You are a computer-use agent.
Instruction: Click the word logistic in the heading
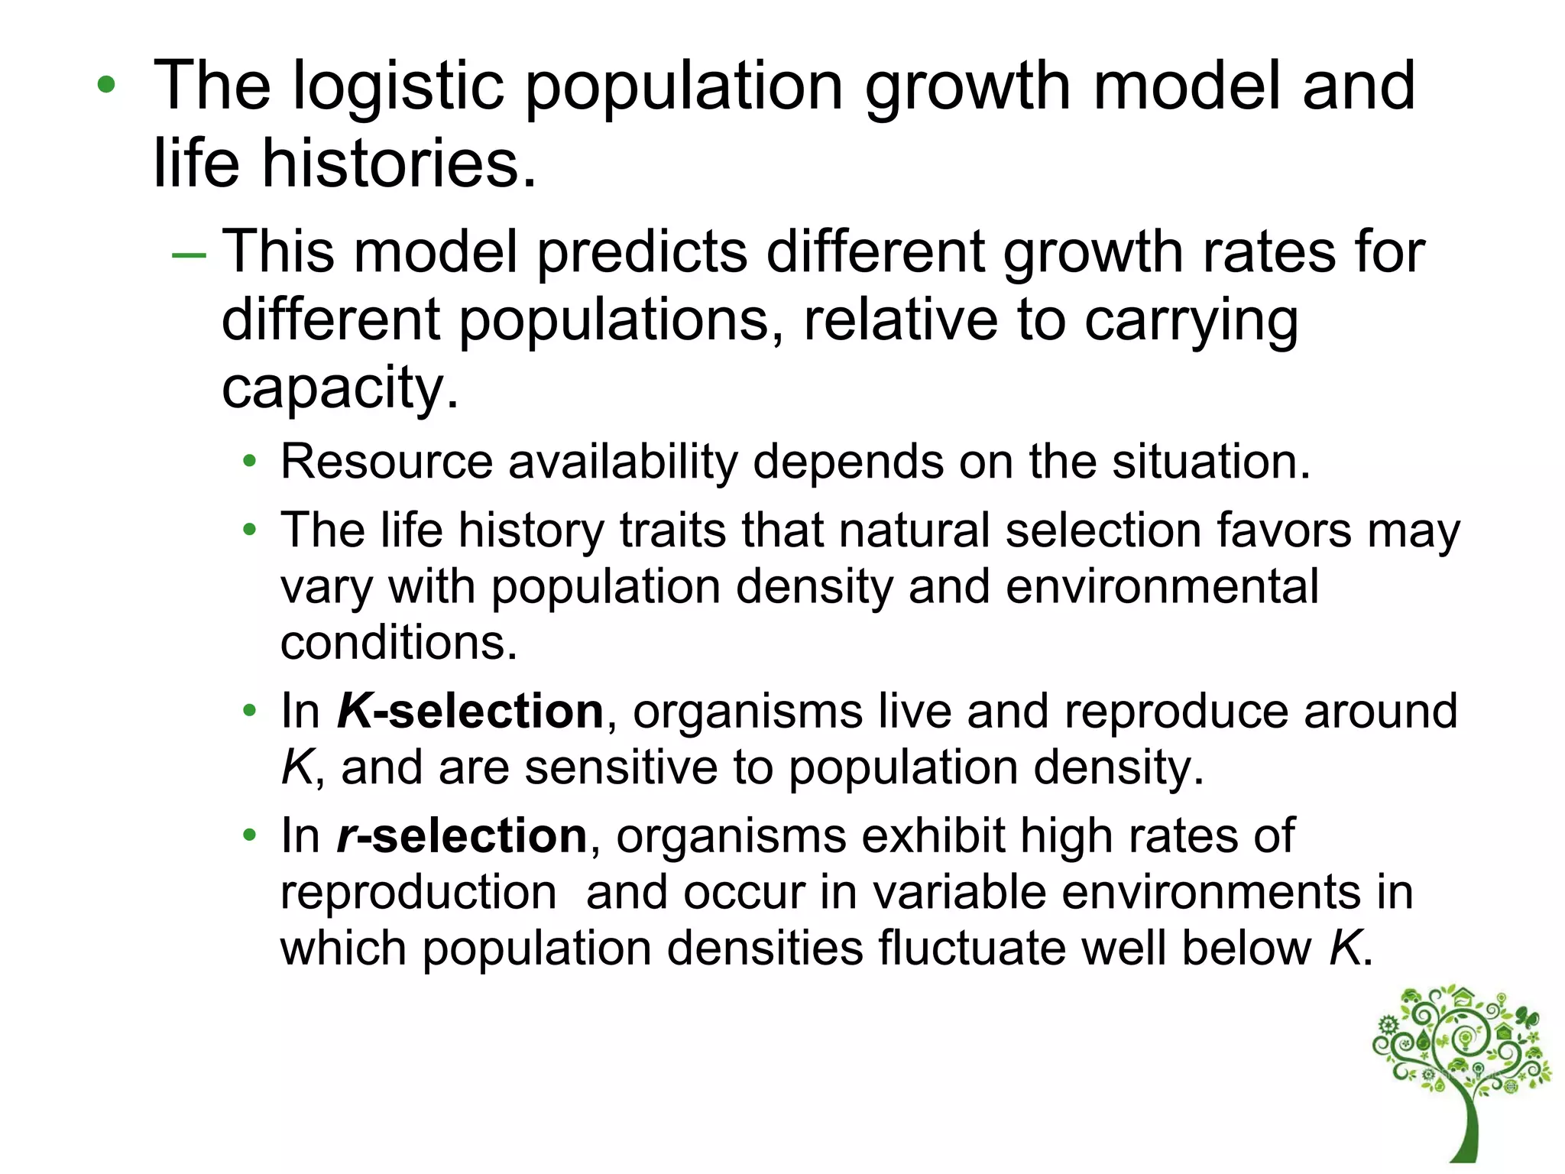tap(398, 86)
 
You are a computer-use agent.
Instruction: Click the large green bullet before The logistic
tap(106, 85)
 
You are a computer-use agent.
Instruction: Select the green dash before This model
tap(189, 254)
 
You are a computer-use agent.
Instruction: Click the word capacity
tap(339, 388)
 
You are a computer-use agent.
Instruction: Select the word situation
tap(1210, 462)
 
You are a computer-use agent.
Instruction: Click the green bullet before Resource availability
tap(249, 462)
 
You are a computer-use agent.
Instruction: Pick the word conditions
tap(398, 643)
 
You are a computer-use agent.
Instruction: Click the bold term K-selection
tap(471, 712)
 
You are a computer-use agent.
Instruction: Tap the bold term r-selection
tap(462, 836)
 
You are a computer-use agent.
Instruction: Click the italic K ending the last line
tap(1346, 949)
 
